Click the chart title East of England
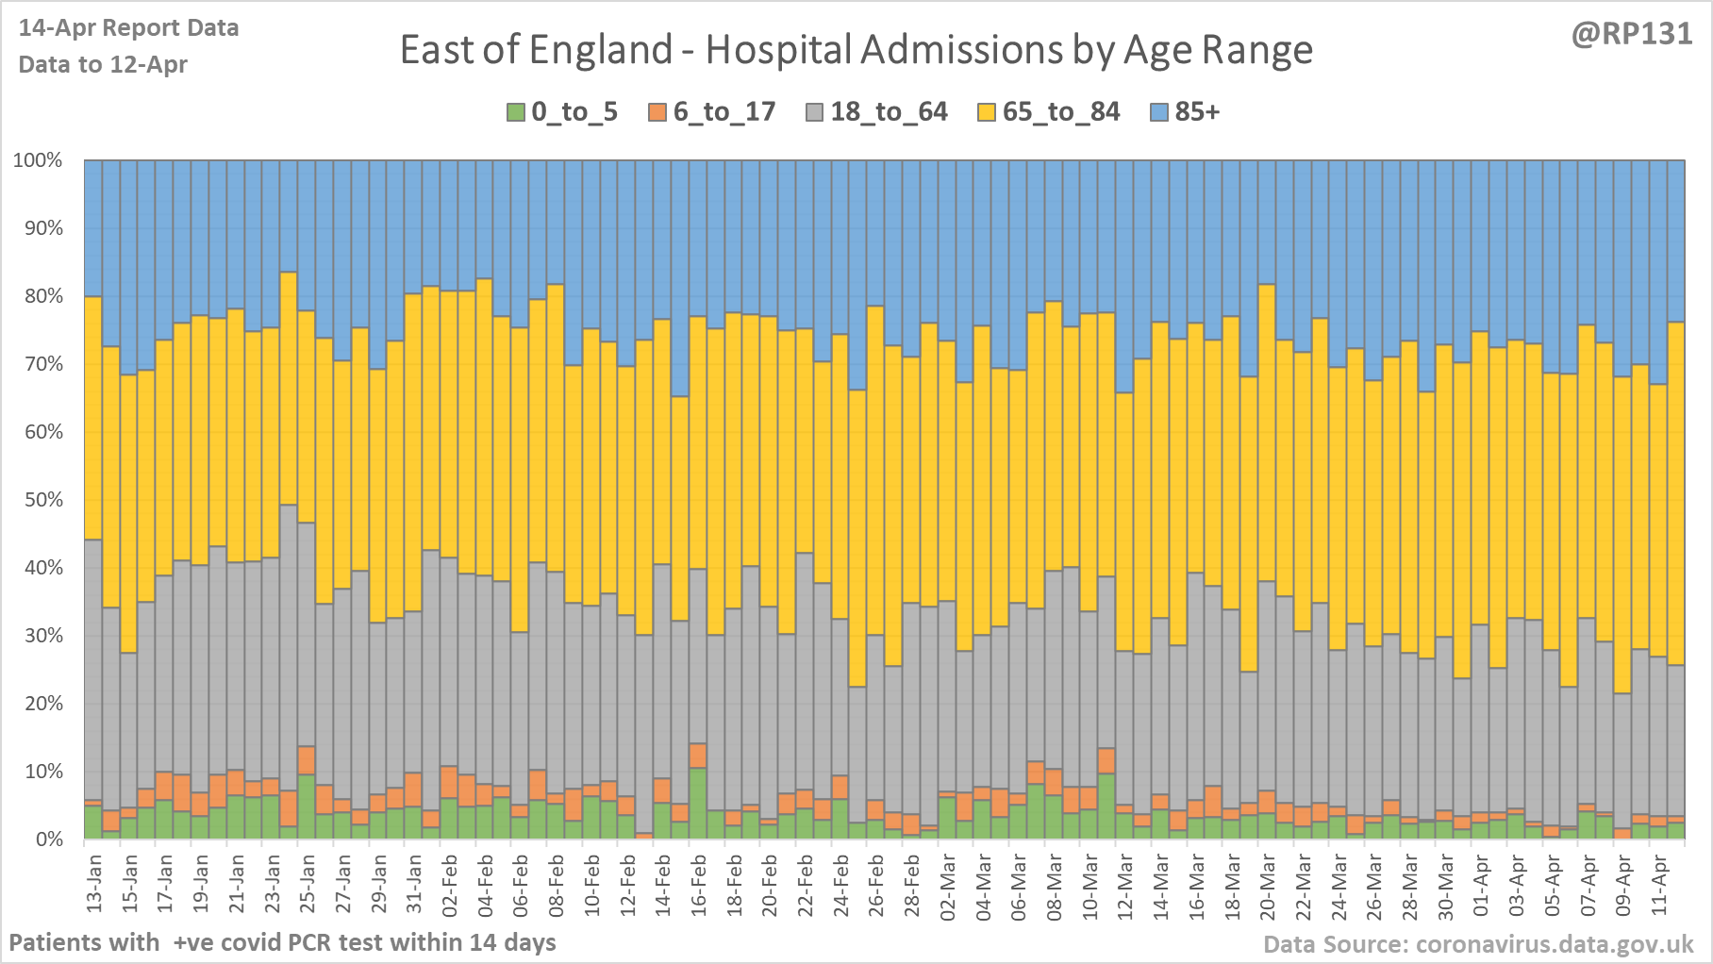click(x=856, y=50)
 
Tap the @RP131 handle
click(x=1632, y=34)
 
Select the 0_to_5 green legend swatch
click(x=515, y=112)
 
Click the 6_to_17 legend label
click(x=723, y=112)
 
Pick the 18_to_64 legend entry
click(x=888, y=112)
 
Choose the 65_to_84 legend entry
click(x=1060, y=112)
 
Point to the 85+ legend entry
click(x=1196, y=112)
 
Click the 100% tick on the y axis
click(x=38, y=160)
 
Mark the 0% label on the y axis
click(x=48, y=839)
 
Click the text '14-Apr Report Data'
click(x=128, y=28)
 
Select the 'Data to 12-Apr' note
click(x=103, y=65)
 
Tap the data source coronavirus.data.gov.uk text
click(x=1478, y=944)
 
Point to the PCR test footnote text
click(x=282, y=942)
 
